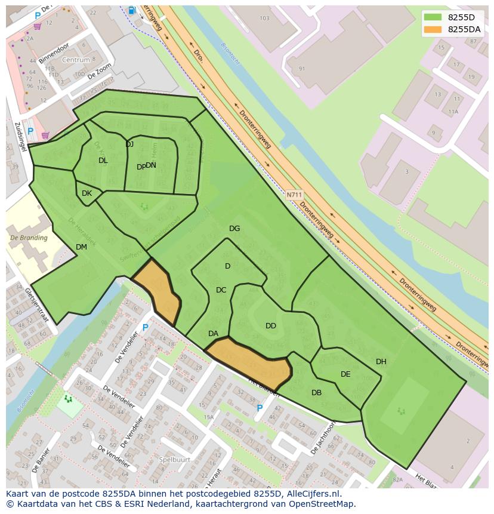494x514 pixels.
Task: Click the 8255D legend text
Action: (461, 17)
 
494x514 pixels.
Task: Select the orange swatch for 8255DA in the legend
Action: (433, 29)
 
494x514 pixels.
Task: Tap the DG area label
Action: (234, 229)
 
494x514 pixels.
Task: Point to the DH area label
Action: (381, 362)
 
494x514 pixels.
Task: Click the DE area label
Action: (345, 374)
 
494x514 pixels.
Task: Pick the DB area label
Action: (316, 393)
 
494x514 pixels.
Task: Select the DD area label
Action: (271, 326)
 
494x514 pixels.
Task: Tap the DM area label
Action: (81, 247)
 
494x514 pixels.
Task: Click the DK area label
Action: (87, 193)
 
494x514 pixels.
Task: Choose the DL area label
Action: (103, 161)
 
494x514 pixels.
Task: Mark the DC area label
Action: (221, 290)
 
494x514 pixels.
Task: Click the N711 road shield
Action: (294, 195)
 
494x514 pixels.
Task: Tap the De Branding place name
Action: (29, 238)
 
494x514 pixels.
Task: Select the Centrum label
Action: (76, 60)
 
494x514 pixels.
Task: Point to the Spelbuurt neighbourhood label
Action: (175, 460)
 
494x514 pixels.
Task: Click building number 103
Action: (265, 19)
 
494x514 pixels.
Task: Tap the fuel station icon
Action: (131, 10)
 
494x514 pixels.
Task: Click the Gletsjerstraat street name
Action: (37, 304)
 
